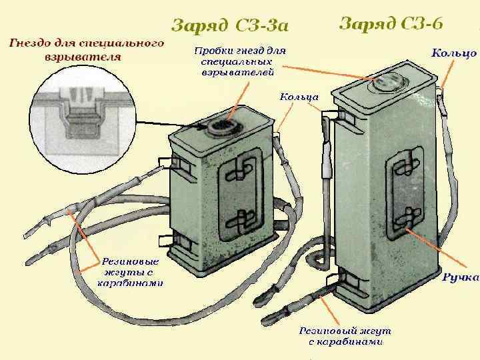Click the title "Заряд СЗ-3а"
[x=230, y=26]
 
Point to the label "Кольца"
[x=299, y=97]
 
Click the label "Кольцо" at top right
[x=454, y=53]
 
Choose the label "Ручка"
[x=461, y=277]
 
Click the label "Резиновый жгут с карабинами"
[x=345, y=336]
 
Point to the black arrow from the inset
[x=173, y=123]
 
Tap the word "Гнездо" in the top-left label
[x=30, y=43]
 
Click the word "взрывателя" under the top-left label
[x=83, y=57]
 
